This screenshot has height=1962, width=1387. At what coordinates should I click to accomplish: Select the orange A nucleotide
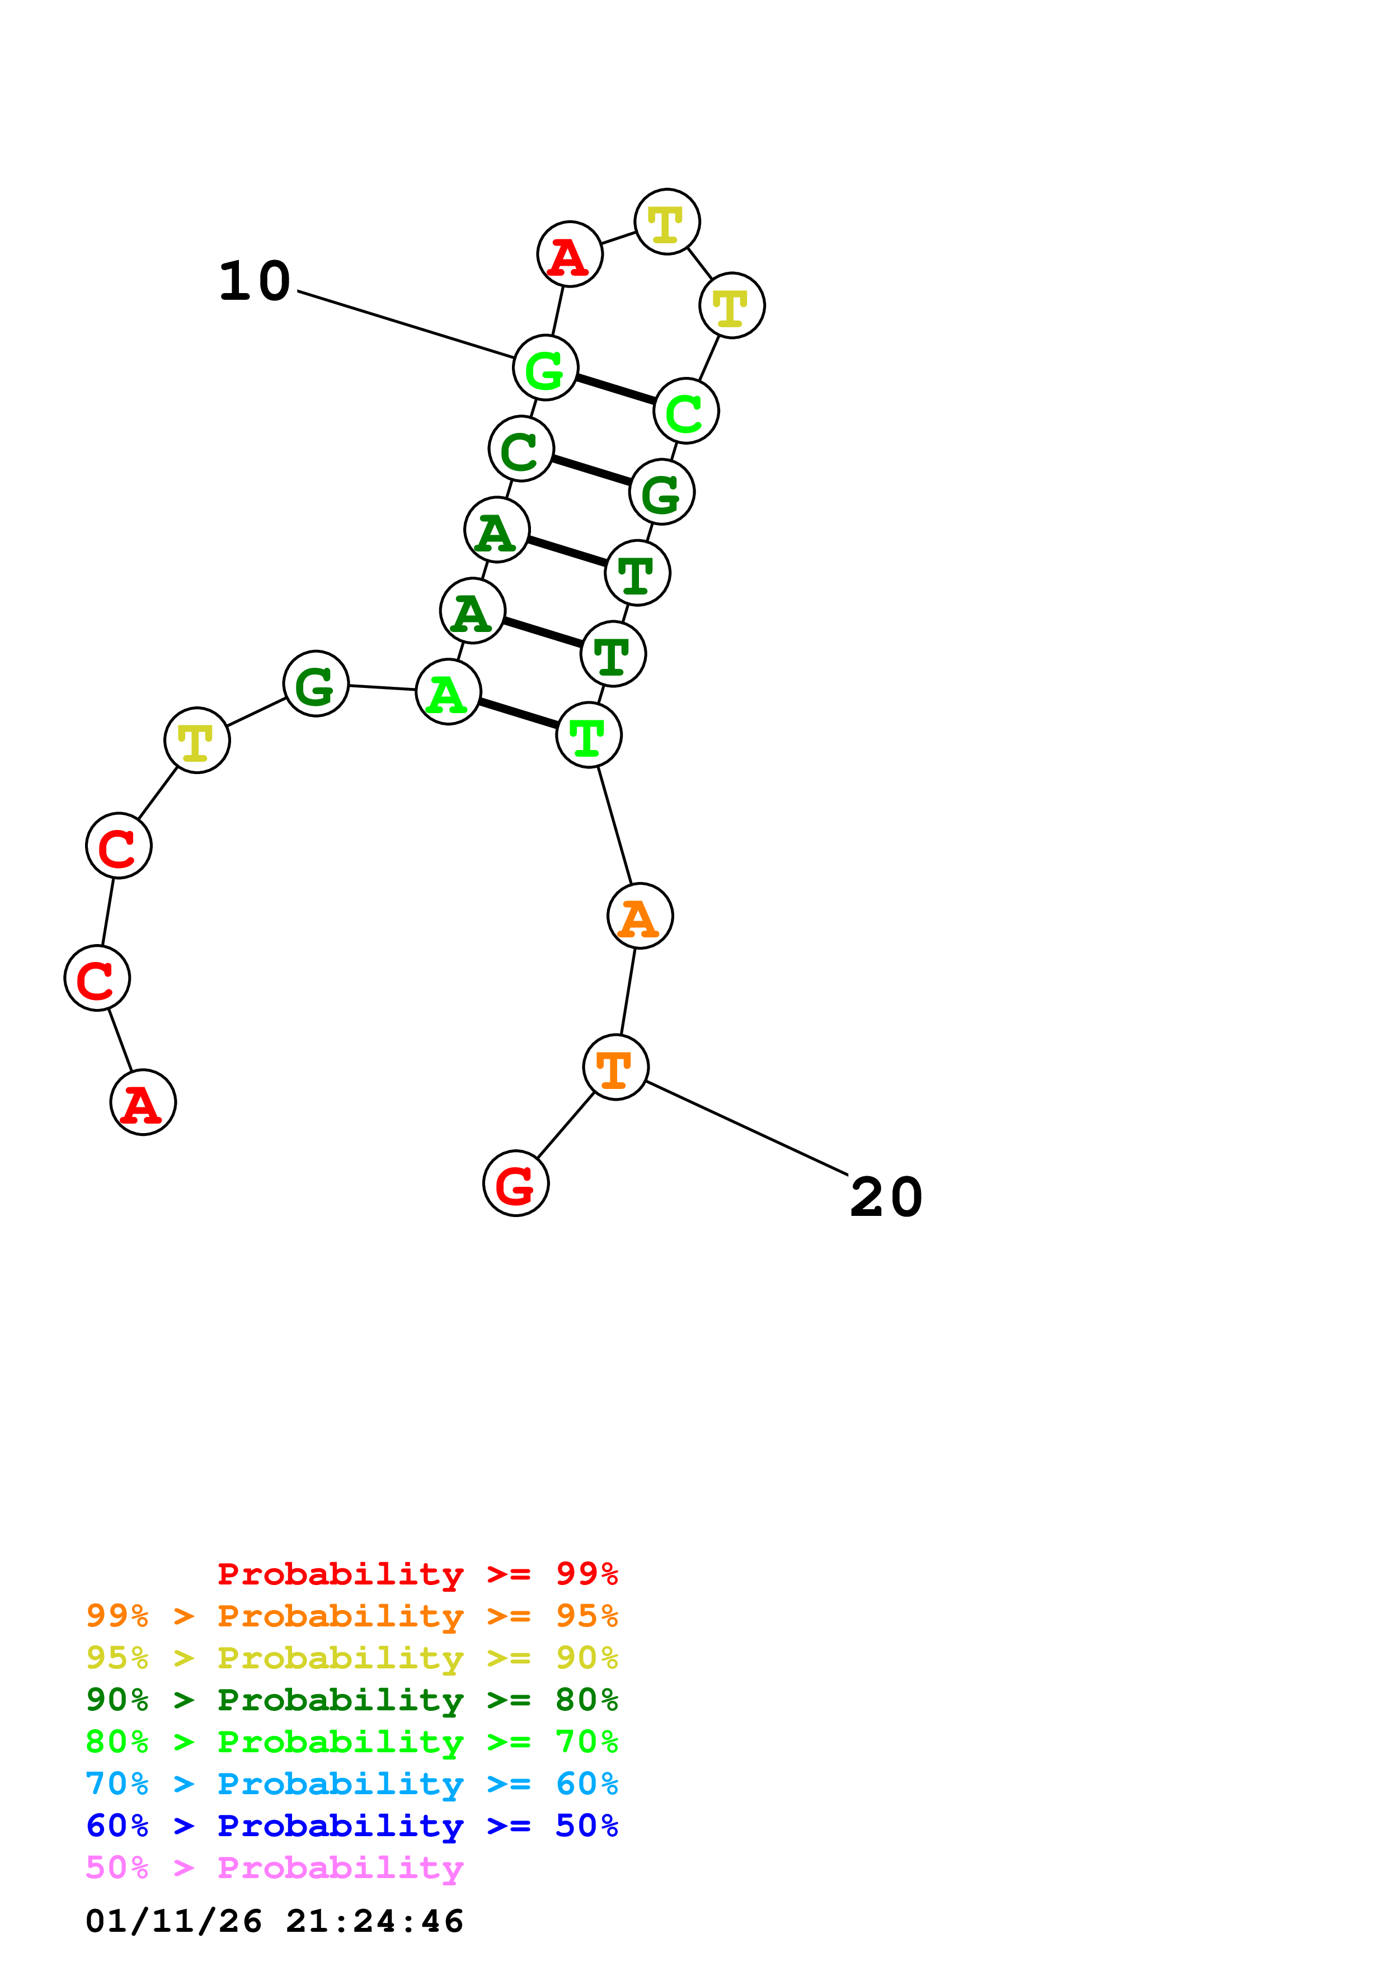[x=640, y=916]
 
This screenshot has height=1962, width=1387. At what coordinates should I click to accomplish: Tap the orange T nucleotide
[x=615, y=1067]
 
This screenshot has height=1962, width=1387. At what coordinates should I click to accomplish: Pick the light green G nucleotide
[x=545, y=367]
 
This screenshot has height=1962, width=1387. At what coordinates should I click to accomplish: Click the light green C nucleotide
[x=687, y=411]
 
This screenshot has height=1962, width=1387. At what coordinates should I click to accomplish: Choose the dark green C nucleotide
[x=521, y=449]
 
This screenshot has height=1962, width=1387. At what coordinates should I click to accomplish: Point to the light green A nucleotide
[x=448, y=692]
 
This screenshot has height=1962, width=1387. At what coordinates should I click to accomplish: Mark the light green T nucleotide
[x=589, y=735]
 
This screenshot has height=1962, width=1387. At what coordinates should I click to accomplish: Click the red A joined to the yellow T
[x=570, y=254]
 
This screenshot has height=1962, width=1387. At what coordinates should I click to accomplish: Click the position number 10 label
[x=255, y=281]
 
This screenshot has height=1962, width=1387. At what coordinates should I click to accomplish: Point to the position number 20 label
[x=886, y=1197]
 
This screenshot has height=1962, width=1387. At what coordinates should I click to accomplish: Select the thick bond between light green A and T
[x=519, y=714]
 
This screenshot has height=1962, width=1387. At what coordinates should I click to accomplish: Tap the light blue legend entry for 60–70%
[x=351, y=1784]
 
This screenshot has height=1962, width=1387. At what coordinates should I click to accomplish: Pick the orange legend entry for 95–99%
[x=351, y=1616]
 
